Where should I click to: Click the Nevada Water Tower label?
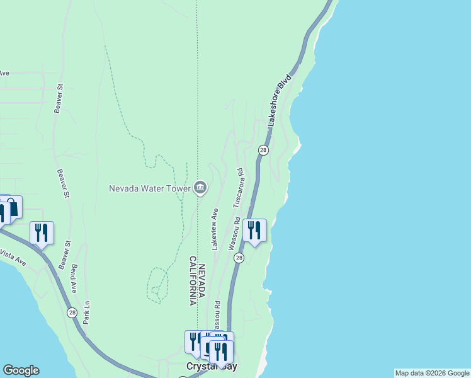(149, 188)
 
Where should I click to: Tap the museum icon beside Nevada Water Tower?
(200, 187)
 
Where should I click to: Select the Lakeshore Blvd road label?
(280, 101)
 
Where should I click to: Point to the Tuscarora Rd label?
(238, 188)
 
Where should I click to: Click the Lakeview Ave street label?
(215, 229)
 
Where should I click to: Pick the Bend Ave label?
(74, 278)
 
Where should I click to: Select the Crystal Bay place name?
(212, 366)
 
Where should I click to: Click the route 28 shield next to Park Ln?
(72, 312)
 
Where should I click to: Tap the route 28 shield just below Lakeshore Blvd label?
(263, 150)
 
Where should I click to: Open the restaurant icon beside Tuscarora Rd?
(254, 230)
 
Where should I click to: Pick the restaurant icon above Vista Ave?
(42, 232)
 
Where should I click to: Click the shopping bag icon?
(11, 207)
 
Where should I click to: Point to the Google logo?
(21, 370)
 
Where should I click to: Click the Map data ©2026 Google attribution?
(432, 373)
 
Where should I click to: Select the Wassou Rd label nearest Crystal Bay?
(216, 314)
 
